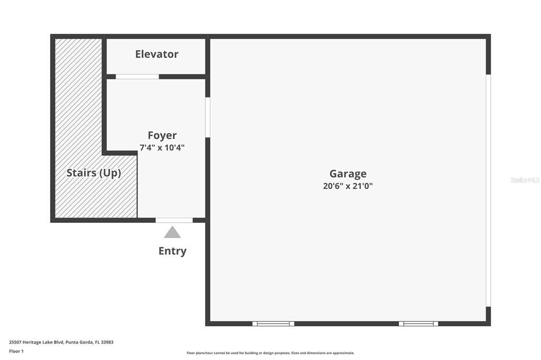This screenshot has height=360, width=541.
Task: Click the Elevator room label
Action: pyautogui.click(x=156, y=54)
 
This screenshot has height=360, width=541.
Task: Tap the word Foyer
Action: pyautogui.click(x=162, y=136)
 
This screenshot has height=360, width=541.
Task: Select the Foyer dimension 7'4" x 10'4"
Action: pyautogui.click(x=162, y=148)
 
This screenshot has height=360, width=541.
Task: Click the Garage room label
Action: pyautogui.click(x=348, y=174)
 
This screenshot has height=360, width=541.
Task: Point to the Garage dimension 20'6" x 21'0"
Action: pyautogui.click(x=348, y=186)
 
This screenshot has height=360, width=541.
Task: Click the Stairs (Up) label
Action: pyautogui.click(x=94, y=173)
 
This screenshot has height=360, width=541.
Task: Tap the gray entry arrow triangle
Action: pyautogui.click(x=172, y=233)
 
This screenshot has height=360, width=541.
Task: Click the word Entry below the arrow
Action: pyautogui.click(x=172, y=251)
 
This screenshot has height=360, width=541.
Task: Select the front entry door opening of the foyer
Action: pyautogui.click(x=174, y=220)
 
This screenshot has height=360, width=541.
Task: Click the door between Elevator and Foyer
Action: pyautogui.click(x=137, y=77)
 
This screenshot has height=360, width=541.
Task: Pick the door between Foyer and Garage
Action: pyautogui.click(x=208, y=117)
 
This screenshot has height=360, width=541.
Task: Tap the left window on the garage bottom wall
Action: pyautogui.click(x=273, y=324)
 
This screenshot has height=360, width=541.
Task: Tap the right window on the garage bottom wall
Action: pyautogui.click(x=418, y=324)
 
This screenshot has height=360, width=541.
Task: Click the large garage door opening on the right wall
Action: pyautogui.click(x=488, y=190)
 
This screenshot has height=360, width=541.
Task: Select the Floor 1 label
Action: pyautogui.click(x=16, y=351)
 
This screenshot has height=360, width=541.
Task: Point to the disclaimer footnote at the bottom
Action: pyautogui.click(x=270, y=353)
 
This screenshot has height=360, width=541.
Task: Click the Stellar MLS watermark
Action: pyautogui.click(x=525, y=180)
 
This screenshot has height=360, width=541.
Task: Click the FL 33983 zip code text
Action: pyautogui.click(x=104, y=342)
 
